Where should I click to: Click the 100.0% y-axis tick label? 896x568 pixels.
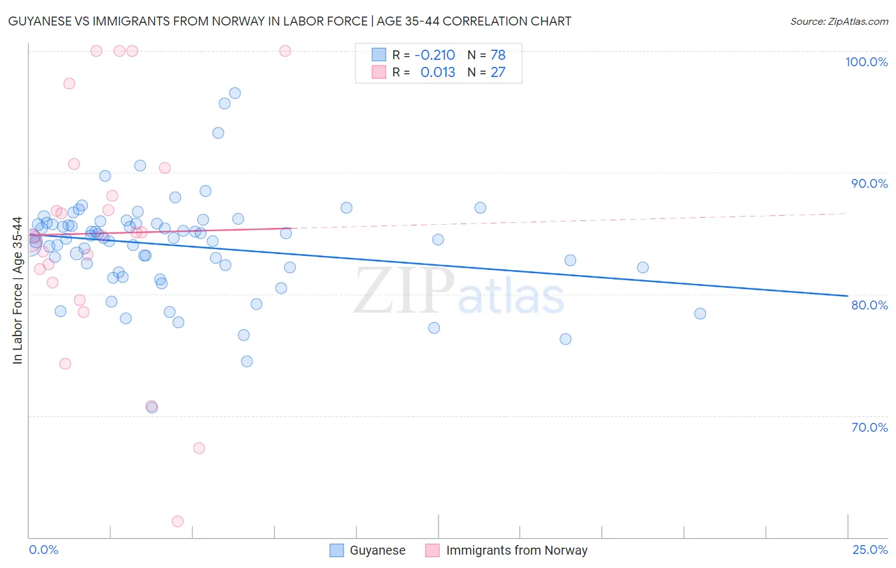(866, 62)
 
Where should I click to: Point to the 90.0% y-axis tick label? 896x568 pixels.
(869, 183)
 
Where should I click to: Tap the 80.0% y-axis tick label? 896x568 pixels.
(869, 305)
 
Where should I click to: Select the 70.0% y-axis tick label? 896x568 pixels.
(869, 427)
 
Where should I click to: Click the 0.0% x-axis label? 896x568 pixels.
(43, 550)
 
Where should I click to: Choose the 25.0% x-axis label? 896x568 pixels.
(870, 550)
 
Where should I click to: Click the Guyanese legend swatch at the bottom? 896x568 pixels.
(336, 550)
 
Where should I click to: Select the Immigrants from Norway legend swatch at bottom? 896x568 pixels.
(432, 550)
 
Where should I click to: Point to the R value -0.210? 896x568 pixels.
(435, 55)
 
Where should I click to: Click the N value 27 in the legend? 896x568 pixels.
(498, 72)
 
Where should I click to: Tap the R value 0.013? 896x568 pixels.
(438, 72)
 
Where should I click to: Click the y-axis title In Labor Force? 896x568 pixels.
(17, 290)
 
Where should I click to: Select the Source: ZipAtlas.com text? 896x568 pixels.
(839, 21)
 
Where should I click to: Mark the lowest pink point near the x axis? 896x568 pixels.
(178, 521)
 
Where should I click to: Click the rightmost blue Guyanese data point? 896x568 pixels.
(700, 313)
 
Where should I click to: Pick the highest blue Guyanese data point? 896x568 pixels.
(235, 93)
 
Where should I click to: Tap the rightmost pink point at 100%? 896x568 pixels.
(285, 51)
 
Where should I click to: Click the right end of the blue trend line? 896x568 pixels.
(847, 295)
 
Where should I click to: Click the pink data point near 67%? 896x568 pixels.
(199, 448)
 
